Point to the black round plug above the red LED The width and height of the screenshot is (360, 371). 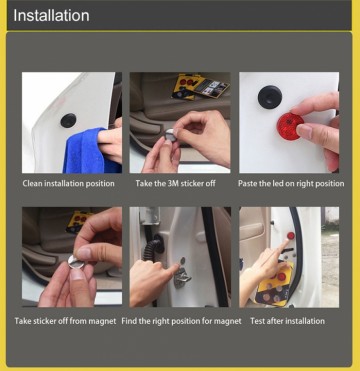pyautogui.click(x=270, y=96)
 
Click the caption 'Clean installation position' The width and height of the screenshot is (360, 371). pyautogui.click(x=69, y=184)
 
